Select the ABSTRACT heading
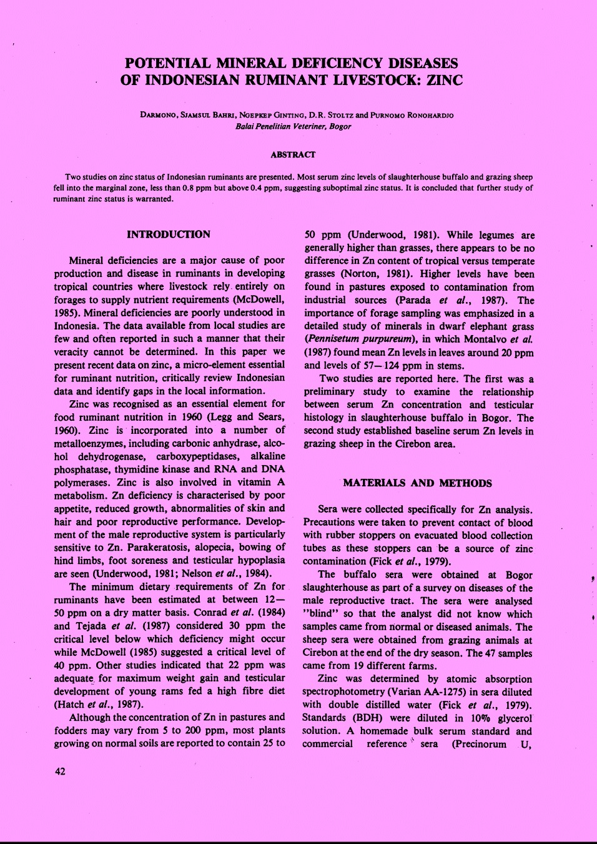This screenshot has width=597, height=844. [x=293, y=154]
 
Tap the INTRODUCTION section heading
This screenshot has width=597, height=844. [x=169, y=234]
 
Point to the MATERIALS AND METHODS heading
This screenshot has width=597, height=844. [x=417, y=483]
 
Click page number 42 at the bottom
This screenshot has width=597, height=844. [x=60, y=771]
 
